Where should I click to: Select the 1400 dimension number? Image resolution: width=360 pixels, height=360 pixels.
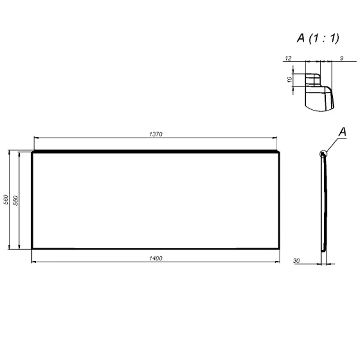click(156, 257)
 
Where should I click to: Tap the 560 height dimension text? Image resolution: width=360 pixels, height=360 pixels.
click(6, 200)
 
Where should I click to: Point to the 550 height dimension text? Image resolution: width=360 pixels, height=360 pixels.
click(16, 200)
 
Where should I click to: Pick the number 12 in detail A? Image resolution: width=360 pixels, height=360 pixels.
click(288, 58)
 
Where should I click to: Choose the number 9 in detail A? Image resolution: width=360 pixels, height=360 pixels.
click(341, 58)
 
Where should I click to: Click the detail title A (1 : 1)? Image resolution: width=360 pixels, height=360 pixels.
click(318, 38)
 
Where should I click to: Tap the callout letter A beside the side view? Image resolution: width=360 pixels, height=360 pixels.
click(343, 131)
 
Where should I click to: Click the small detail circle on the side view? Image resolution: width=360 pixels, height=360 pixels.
click(323, 154)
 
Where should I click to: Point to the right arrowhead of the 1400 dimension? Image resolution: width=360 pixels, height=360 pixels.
click(278, 262)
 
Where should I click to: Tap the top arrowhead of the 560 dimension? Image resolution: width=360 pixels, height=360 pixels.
click(8, 154)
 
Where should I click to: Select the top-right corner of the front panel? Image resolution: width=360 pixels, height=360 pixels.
click(280, 152)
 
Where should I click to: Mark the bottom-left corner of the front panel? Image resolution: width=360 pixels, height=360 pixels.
click(32, 248)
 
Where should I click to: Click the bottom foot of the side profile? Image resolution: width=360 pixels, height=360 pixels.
click(324, 247)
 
